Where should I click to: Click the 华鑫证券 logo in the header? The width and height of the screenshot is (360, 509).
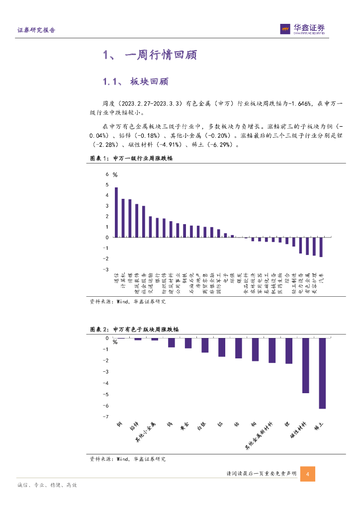pyautogui.click(x=302, y=29)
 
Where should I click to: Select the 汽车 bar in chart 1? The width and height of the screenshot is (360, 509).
pyautogui.click(x=321, y=247)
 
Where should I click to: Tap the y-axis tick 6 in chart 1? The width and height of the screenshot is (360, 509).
pyautogui.click(x=106, y=174)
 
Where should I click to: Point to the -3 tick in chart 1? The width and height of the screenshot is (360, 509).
pyautogui.click(x=105, y=269)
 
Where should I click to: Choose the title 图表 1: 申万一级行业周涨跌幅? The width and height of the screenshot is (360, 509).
pyautogui.click(x=131, y=159)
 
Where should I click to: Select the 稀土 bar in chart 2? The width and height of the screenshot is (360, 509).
pyautogui.click(x=322, y=373)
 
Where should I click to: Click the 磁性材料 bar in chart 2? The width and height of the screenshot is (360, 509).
pyautogui.click(x=305, y=365)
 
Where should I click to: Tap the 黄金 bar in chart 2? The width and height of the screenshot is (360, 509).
pyautogui.click(x=188, y=343)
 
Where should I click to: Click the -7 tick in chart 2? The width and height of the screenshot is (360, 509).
pyautogui.click(x=105, y=417)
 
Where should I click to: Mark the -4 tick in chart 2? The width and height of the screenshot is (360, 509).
pyautogui.click(x=105, y=383)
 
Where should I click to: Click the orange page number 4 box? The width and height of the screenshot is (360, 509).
pyautogui.click(x=308, y=474)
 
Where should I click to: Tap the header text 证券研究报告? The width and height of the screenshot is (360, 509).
pyautogui.click(x=36, y=30)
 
